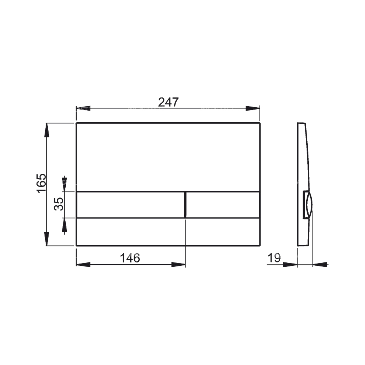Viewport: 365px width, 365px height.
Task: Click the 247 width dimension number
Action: click(168, 102)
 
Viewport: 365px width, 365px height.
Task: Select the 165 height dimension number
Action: click(42, 183)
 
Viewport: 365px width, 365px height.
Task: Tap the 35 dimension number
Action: click(59, 204)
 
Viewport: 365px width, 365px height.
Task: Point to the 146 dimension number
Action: click(130, 258)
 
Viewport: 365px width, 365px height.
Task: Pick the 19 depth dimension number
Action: click(274, 258)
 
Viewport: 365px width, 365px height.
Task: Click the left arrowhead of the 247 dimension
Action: click(83, 108)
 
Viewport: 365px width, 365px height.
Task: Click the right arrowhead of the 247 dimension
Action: click(253, 108)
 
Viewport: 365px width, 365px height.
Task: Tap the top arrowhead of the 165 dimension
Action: click(47, 130)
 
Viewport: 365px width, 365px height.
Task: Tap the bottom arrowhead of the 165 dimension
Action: click(47, 239)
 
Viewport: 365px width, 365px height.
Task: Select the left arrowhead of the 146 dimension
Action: click(83, 265)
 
